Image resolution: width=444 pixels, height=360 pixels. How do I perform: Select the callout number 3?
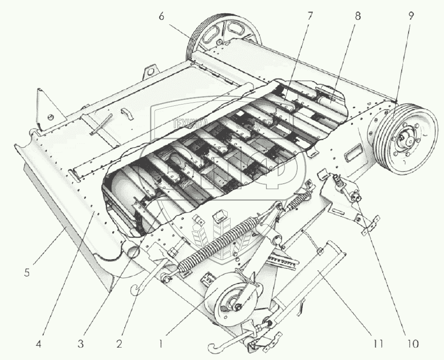(81, 343)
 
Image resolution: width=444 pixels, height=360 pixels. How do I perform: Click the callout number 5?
(27, 273)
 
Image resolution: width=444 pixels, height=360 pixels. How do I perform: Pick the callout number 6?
(161, 17)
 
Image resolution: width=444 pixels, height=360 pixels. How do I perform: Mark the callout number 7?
(309, 17)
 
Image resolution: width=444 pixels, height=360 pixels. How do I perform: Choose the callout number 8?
(358, 17)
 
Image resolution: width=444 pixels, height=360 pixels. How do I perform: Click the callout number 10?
(412, 343)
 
